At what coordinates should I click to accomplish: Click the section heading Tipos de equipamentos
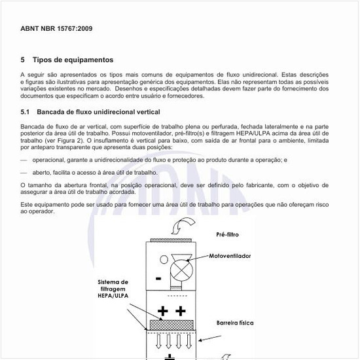(x=73, y=60)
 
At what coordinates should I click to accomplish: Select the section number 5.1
(x=26, y=112)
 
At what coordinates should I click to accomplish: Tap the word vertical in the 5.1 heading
(x=145, y=112)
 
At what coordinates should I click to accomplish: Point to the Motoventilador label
(x=230, y=256)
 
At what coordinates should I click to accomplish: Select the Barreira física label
(x=235, y=323)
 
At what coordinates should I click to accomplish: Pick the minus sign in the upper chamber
(x=158, y=279)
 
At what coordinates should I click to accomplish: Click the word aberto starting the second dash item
(x=43, y=172)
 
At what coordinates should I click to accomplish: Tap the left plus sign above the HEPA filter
(x=163, y=310)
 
